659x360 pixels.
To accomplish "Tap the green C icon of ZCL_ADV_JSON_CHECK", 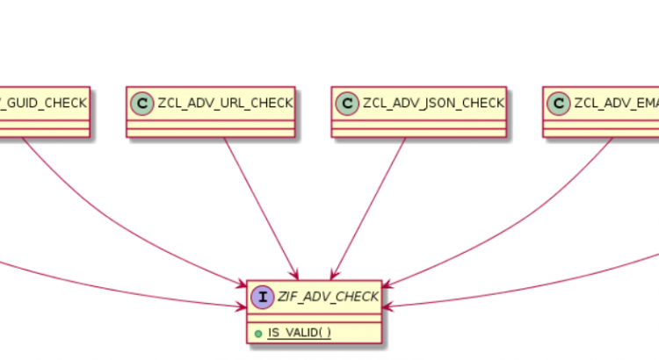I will pyautogui.click(x=348, y=103).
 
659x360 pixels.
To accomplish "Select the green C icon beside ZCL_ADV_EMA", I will pyautogui.click(x=559, y=103).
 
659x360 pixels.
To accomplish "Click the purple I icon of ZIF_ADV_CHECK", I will pyautogui.click(x=263, y=298).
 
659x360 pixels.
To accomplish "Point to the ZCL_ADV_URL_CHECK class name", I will pyautogui.click(x=224, y=103).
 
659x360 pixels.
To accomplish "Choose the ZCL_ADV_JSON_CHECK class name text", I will pyautogui.click(x=433, y=103).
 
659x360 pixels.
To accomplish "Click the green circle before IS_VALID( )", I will pyautogui.click(x=256, y=334).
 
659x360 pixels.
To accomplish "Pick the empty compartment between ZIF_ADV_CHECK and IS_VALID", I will pyautogui.click(x=315, y=318).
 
